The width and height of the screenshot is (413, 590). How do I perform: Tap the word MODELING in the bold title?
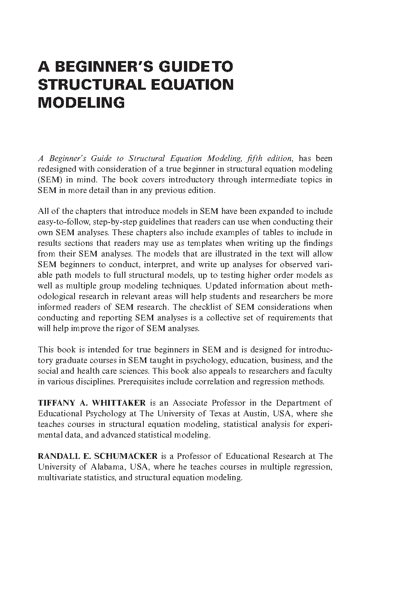[x=81, y=102]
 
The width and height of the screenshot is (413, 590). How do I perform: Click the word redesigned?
[x=57, y=169]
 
